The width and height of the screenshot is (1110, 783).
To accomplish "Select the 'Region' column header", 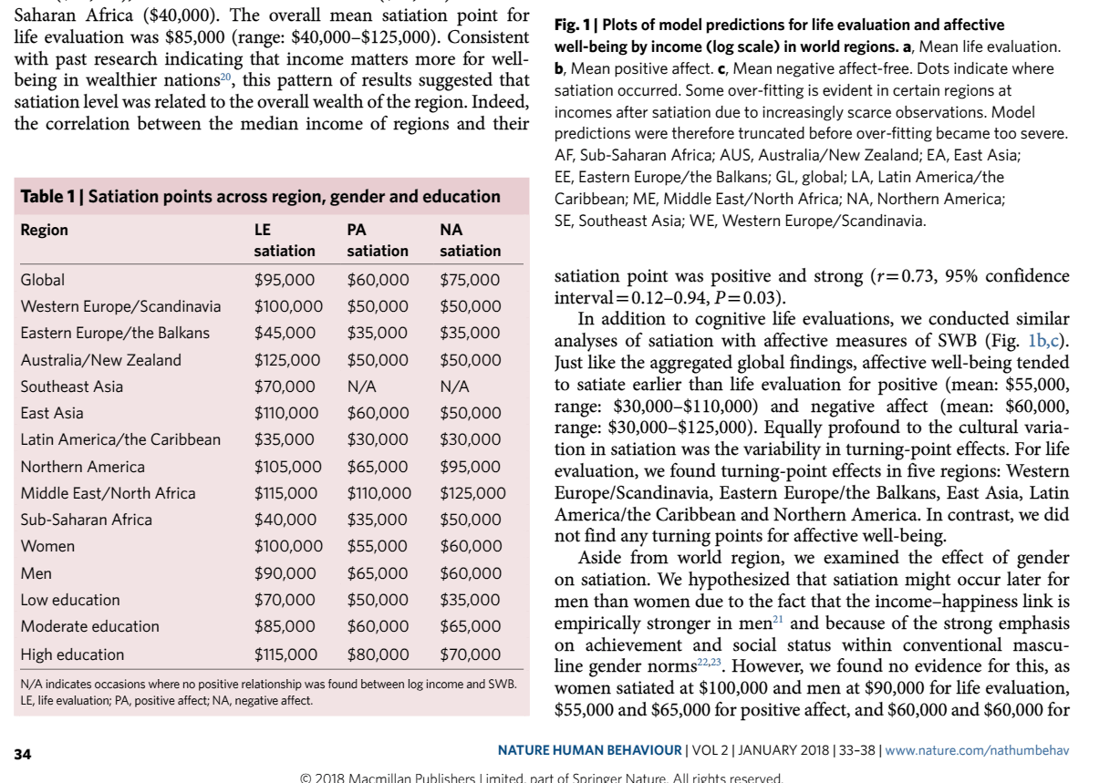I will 44,230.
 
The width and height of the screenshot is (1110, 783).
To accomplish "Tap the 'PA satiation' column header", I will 378,240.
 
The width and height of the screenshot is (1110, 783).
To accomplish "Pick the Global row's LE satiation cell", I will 285,280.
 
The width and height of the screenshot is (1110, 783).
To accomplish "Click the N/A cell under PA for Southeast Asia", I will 362,386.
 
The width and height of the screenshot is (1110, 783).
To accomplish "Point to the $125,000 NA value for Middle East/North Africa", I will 472,493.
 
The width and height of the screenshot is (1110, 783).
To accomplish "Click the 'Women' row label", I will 47,546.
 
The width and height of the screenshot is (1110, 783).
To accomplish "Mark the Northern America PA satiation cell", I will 378,467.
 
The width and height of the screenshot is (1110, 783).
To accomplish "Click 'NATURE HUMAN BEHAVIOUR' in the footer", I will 590,750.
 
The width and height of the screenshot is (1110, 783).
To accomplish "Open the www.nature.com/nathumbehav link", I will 977,750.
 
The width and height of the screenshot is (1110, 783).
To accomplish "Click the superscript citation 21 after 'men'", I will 779,620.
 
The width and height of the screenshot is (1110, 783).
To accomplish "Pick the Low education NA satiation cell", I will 470,600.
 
